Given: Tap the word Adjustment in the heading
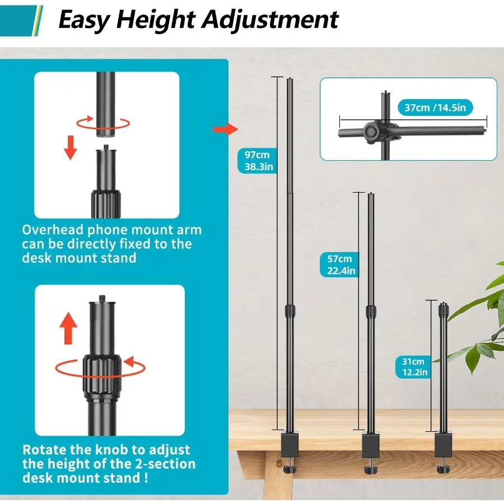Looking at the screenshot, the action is point(270,20).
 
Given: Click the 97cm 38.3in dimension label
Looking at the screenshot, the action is point(258,161).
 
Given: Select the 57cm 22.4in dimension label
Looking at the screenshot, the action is point(340,264).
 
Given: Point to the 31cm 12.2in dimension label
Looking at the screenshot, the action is point(414,367).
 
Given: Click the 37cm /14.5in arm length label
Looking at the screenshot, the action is point(435,108).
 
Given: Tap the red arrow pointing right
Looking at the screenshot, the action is point(226,129).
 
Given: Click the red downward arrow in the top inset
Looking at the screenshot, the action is point(71,147).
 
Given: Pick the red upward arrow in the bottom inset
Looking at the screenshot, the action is point(68,328).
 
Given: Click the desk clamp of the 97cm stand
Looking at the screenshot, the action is point(290,445).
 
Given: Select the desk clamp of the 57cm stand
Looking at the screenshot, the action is point(371,446).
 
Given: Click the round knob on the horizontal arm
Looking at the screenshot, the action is point(372,132).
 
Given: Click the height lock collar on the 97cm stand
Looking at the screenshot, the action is point(290,311).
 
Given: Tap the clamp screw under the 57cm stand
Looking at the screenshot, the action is point(371,466).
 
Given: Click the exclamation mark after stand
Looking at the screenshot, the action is point(146,478).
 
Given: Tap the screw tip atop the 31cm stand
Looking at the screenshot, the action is point(444,303).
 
